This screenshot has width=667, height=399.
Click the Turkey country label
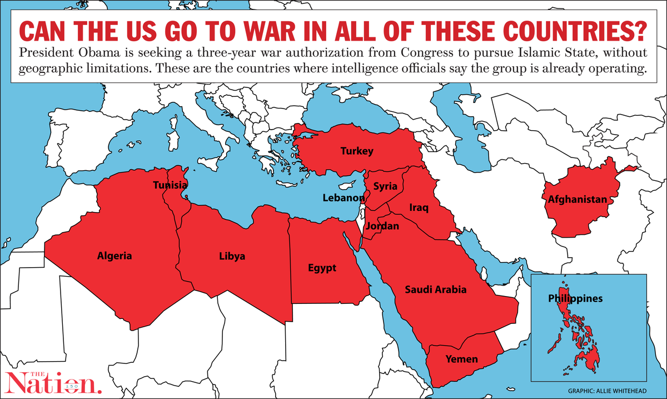tap(357, 151)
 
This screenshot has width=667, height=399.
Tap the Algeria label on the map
tap(115, 256)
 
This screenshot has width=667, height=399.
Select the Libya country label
tap(232, 257)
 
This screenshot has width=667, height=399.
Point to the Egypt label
tap(322, 268)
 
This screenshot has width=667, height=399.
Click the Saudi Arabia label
tap(435, 289)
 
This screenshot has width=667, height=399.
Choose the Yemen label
tap(461, 359)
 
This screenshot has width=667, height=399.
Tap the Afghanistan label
tap(577, 199)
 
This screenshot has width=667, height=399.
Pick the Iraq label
tap(419, 208)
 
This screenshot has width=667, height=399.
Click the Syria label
tap(385, 186)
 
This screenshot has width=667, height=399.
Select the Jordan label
tap(382, 226)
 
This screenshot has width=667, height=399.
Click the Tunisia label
tap(171, 185)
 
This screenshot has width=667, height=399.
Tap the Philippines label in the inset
tap(575, 298)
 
